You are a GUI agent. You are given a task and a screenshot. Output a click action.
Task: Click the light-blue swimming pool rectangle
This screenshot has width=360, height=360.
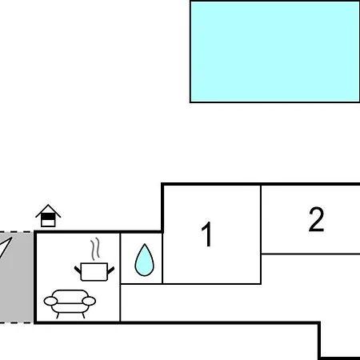point(275,52)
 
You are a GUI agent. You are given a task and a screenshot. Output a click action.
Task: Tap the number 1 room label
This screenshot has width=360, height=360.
point(207,234)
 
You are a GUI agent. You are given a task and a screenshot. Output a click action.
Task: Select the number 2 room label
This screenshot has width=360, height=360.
point(317,219)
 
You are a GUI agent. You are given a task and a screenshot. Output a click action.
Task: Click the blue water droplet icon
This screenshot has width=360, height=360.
point(145,260)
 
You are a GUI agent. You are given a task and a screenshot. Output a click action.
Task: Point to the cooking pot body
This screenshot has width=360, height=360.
point(94,272)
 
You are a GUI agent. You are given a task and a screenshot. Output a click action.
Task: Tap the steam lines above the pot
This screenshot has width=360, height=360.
point(95,249)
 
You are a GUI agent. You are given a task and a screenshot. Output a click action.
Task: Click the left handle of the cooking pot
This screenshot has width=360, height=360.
point(78,270)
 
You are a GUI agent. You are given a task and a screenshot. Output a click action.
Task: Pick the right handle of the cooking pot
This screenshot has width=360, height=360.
point(111,270)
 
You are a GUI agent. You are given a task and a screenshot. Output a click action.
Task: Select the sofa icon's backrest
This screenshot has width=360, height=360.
point(70,296)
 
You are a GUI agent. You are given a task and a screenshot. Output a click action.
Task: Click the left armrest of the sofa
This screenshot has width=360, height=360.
point(50,301)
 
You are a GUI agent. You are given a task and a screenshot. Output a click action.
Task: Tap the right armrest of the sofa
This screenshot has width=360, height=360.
point(89,301)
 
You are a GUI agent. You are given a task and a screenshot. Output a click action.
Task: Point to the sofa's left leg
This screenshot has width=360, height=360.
point(58,315)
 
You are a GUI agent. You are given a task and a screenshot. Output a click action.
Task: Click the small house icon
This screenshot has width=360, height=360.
point(48,216)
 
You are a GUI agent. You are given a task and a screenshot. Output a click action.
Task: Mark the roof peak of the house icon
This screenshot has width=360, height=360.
point(48,205)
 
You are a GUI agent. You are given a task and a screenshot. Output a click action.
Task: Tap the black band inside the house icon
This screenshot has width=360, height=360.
point(48,218)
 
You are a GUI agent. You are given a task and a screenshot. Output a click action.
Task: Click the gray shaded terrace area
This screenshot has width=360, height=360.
point(17,278)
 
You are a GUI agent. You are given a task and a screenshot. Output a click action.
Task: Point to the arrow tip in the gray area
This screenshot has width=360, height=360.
point(11,238)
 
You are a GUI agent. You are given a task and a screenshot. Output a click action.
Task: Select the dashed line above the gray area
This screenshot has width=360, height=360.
point(16,232)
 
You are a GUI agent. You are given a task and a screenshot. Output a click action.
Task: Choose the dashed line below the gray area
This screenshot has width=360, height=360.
point(16,323)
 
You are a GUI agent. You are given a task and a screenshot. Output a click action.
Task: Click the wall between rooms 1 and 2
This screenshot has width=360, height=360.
point(261,234)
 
